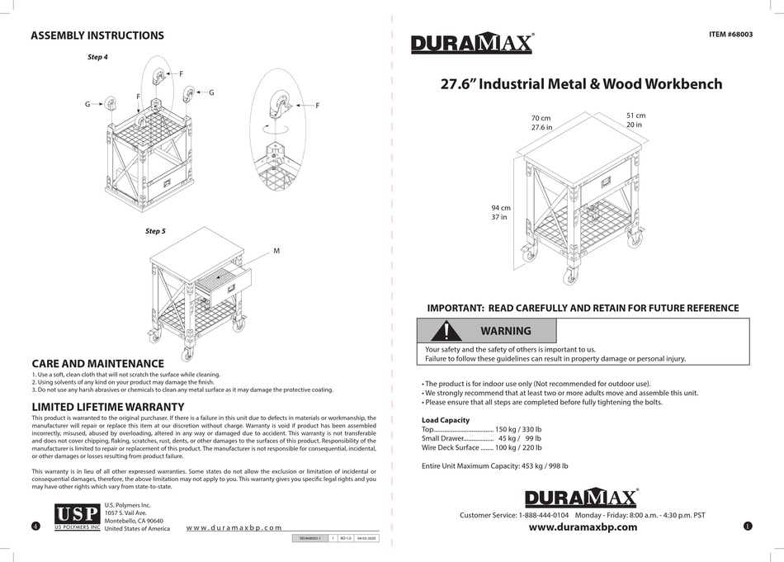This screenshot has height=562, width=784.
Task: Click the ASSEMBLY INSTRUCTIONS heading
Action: coord(97,35)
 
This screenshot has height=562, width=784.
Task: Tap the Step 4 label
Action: coord(98,57)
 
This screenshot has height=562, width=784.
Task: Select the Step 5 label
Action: coord(156,231)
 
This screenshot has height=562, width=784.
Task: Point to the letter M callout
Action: coord(276,249)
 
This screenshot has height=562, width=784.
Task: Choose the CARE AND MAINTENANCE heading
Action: coord(97,363)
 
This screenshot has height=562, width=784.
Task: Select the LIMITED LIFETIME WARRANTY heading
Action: coord(107,407)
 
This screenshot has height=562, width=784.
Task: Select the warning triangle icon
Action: coord(446,331)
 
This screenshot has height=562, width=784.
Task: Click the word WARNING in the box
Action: coord(506,331)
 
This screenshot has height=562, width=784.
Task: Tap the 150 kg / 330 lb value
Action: coord(518,430)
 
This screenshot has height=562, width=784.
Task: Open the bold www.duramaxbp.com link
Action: coord(583,528)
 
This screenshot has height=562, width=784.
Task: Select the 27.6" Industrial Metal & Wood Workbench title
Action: coord(581,84)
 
